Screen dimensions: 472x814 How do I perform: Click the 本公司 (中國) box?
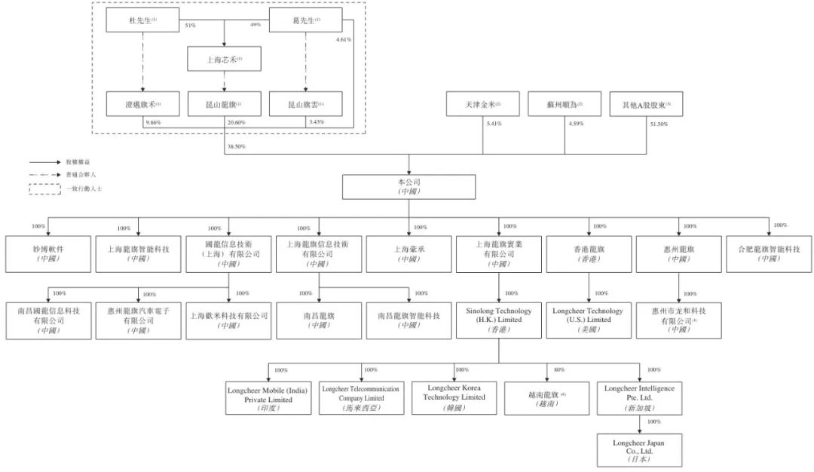click(409, 186)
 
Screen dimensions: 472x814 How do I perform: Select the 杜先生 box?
click(143, 20)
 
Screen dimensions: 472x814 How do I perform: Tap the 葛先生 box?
click(306, 20)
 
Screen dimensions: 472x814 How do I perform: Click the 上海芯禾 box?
click(225, 59)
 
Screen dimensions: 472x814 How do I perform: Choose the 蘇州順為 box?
click(565, 103)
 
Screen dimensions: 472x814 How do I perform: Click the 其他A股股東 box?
click(646, 103)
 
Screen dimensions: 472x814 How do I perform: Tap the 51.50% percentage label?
click(658, 123)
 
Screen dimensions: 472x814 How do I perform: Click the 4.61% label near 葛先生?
click(344, 39)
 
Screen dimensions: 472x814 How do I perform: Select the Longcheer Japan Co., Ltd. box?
click(639, 449)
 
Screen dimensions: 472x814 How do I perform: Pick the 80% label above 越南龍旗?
click(558, 370)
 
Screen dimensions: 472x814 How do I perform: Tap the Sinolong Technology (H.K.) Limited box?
click(498, 320)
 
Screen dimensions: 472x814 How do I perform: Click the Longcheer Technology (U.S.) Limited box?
click(588, 320)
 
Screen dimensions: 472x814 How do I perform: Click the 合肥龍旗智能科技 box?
click(770, 253)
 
